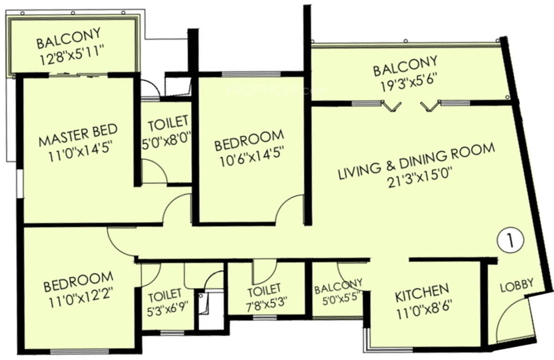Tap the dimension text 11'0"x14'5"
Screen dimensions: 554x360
78,153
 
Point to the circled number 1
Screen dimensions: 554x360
510,240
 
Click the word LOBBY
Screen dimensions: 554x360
517,285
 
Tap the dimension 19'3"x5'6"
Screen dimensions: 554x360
409,84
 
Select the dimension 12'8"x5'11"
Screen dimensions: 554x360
72,56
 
